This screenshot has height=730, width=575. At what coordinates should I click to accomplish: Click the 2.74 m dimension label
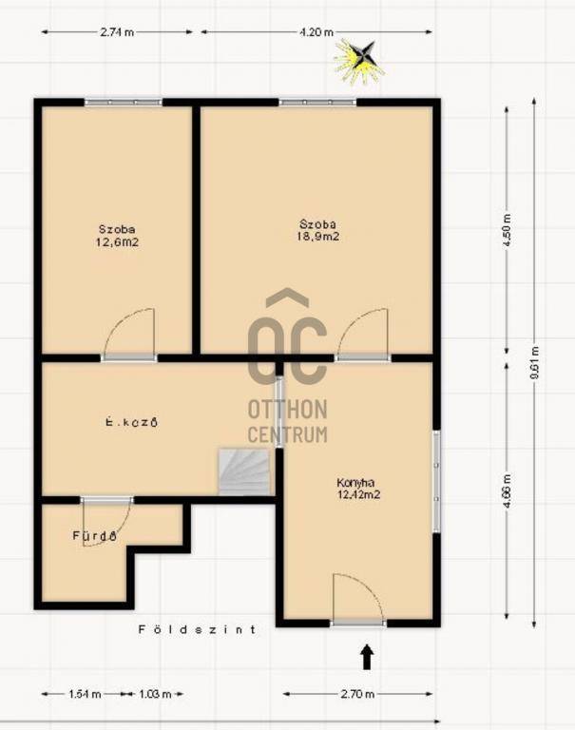pos(117,32)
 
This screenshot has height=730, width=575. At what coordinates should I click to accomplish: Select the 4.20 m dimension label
pos(316,32)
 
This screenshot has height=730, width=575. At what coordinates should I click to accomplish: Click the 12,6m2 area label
pos(117,242)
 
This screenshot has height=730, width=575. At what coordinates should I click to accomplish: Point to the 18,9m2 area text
pos(318,237)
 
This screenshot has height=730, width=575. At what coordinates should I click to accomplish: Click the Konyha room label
pos(355,483)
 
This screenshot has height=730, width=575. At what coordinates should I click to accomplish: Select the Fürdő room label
pos(94,536)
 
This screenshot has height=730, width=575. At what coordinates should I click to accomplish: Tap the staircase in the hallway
pos(244,471)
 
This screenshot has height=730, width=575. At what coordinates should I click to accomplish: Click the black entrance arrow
pos(368,657)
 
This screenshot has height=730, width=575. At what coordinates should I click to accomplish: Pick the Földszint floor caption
pos(198,630)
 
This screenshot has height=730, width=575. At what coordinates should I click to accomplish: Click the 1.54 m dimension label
pos(86,694)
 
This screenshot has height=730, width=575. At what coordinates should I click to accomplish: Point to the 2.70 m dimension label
pos(357,694)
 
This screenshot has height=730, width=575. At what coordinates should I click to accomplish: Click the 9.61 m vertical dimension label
pos(535,362)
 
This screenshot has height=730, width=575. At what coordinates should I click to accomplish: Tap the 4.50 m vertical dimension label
pos(508,231)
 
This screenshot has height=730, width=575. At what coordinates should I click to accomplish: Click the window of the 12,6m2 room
pos(124,102)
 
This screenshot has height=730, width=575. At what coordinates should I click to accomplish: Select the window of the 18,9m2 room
pos(318,102)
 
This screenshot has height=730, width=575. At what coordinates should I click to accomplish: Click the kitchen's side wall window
pos(437,481)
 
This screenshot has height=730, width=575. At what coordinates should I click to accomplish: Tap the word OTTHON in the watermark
pos(287,410)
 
